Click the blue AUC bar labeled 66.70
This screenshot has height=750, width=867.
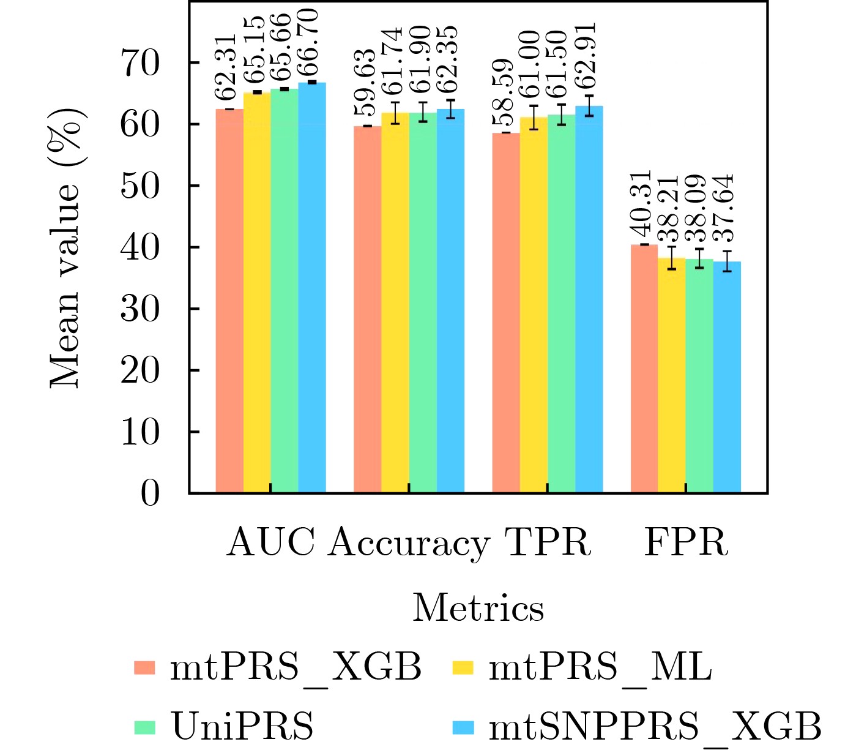click(312, 288)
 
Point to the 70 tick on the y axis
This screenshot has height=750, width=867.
click(140, 63)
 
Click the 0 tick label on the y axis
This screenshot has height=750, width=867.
click(150, 493)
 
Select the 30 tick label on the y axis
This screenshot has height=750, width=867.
click(140, 309)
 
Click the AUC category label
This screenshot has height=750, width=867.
click(270, 542)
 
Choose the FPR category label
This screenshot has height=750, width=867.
click(686, 542)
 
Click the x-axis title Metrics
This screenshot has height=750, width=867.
click(478, 609)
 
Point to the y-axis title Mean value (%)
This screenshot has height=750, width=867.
click(65, 248)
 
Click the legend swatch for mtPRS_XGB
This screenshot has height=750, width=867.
click(145, 667)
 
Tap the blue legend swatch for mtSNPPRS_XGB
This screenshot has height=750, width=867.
click(463, 727)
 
